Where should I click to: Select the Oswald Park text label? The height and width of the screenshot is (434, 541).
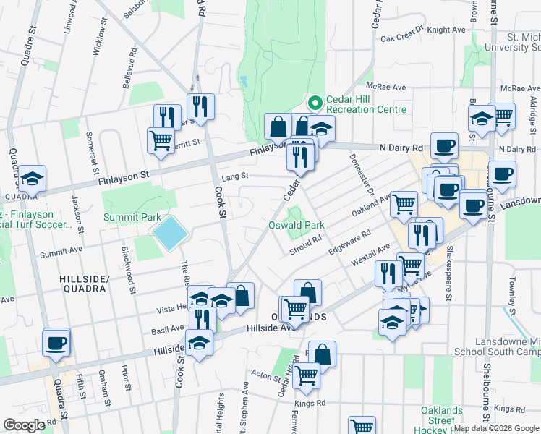click(296, 226)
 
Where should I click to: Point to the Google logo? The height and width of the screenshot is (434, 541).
click(24, 425)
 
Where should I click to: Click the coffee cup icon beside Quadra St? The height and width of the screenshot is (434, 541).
click(56, 343)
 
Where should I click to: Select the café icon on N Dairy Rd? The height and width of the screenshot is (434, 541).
click(444, 145)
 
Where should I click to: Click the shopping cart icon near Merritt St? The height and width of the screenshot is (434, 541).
click(160, 140)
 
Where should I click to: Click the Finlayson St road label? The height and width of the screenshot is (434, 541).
click(124, 175)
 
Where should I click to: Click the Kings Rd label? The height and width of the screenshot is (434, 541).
click(310, 402)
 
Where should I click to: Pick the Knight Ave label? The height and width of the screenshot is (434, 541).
click(446, 30)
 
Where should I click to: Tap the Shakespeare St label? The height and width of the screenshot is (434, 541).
click(449, 267)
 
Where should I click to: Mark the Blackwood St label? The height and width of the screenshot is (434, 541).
click(129, 267)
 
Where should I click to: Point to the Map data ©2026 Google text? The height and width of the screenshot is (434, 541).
click(496, 427)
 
